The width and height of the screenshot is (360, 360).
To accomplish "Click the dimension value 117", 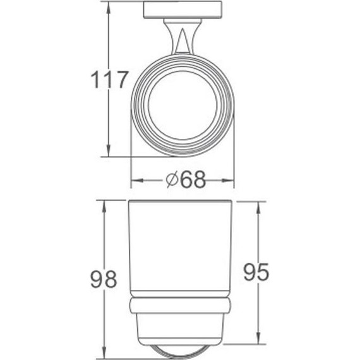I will (x=109, y=80).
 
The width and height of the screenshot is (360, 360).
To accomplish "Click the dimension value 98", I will (x=104, y=279).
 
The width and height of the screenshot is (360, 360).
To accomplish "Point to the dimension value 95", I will (x=256, y=272).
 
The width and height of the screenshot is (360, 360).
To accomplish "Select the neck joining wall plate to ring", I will (x=182, y=38).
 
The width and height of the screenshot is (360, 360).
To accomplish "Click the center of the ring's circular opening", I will (x=182, y=104).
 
